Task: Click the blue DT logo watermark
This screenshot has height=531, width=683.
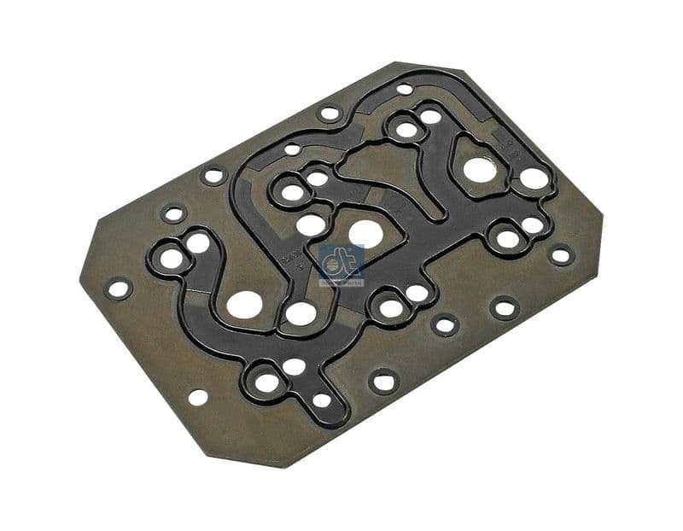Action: click(x=341, y=265)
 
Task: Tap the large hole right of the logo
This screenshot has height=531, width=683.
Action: click(x=365, y=233)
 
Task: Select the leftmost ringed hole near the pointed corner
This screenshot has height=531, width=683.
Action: click(x=119, y=289)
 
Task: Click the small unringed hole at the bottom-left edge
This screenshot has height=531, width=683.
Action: click(x=197, y=397)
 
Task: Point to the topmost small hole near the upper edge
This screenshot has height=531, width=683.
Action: click(x=404, y=89)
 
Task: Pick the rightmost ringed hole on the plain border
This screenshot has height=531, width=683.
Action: click(x=561, y=254)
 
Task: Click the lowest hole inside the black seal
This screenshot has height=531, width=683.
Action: click(x=322, y=400)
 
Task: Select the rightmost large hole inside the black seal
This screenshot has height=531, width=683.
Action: click(x=534, y=178)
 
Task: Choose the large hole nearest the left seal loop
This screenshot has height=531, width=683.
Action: click(x=245, y=303)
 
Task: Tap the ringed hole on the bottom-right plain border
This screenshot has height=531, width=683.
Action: click(x=505, y=307)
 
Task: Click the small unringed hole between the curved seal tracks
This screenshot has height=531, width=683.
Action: click(x=292, y=149)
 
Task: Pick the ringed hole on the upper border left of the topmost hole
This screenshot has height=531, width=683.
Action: click(x=329, y=113)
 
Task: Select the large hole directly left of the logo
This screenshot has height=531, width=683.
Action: click(x=311, y=225)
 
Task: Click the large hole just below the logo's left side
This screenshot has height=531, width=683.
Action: click(x=301, y=313)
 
